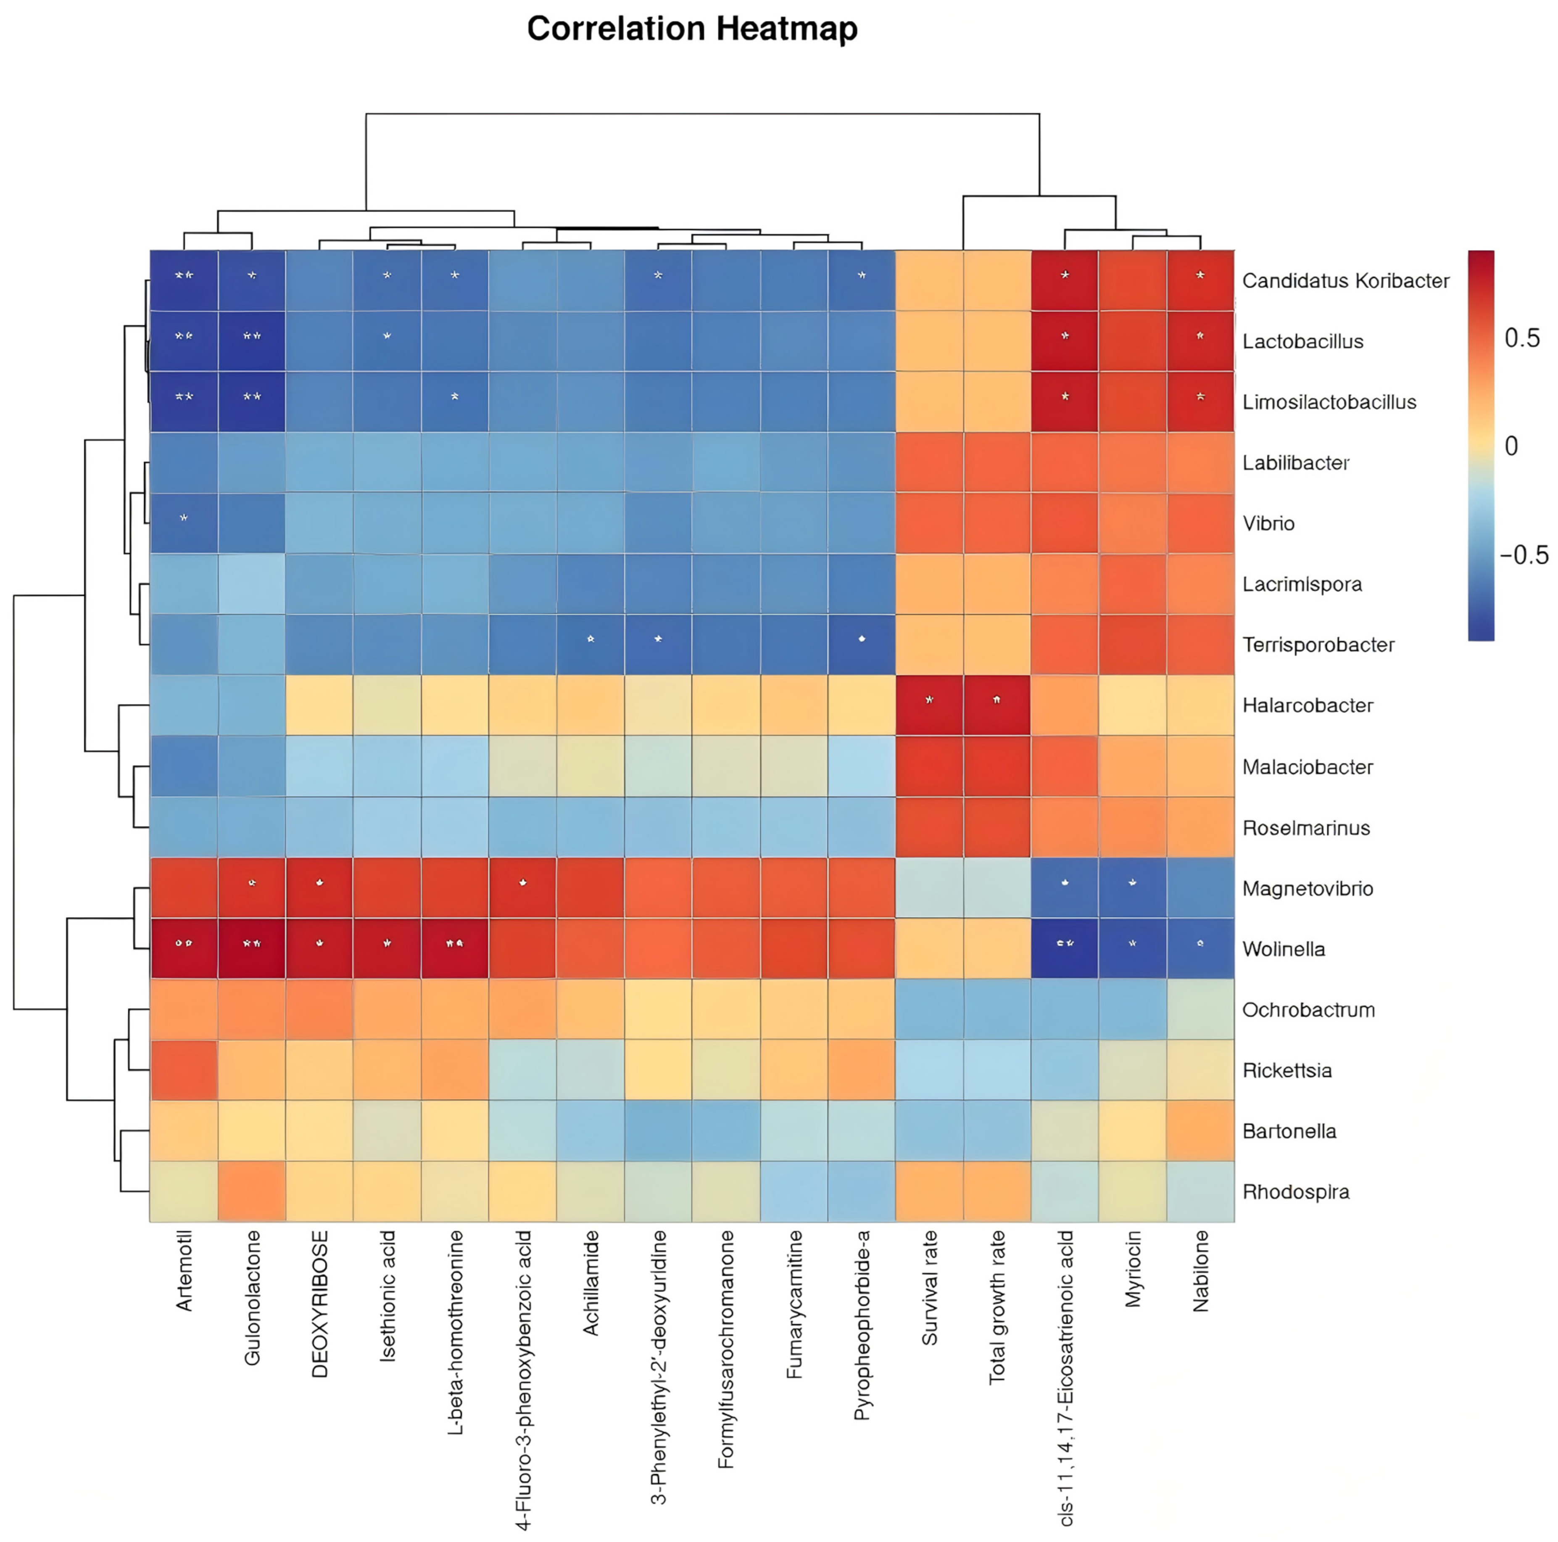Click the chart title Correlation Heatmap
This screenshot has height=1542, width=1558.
click(x=692, y=29)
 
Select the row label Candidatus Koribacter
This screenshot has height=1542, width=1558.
click(x=1345, y=281)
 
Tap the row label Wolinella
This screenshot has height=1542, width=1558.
click(x=1283, y=949)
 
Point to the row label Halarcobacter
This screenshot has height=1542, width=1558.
click(x=1307, y=706)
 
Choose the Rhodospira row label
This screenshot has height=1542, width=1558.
click(x=1295, y=1192)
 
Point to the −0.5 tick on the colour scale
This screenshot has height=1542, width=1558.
click(x=1523, y=555)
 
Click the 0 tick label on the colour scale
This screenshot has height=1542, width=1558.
click(x=1511, y=446)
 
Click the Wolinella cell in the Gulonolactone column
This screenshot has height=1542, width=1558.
click(x=252, y=948)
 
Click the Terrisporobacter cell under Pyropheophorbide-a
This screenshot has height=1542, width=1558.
click(x=861, y=644)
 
